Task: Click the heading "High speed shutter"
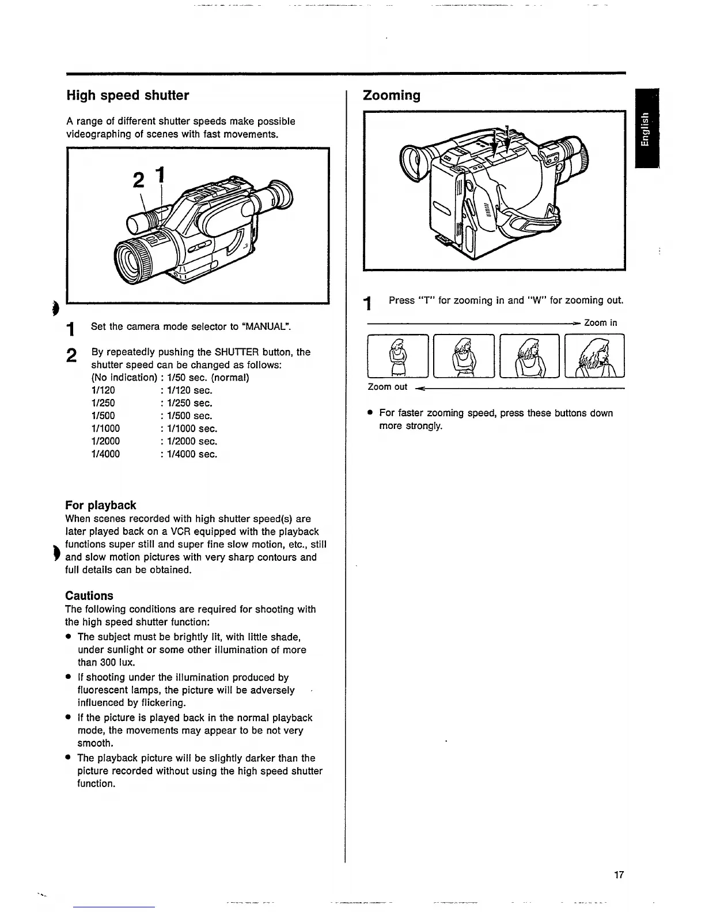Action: click(x=127, y=96)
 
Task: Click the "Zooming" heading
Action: click(x=392, y=96)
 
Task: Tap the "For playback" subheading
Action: click(x=101, y=506)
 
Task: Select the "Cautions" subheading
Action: click(x=89, y=596)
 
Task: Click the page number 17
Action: click(x=619, y=875)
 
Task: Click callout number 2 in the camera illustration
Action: click(x=138, y=180)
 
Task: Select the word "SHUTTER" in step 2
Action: click(x=237, y=352)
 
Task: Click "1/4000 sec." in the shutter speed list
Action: click(x=192, y=454)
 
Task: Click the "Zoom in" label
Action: click(x=600, y=323)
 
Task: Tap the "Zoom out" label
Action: click(x=387, y=387)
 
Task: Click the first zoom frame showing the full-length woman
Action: click(x=397, y=356)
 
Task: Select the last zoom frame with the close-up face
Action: click(x=594, y=356)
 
